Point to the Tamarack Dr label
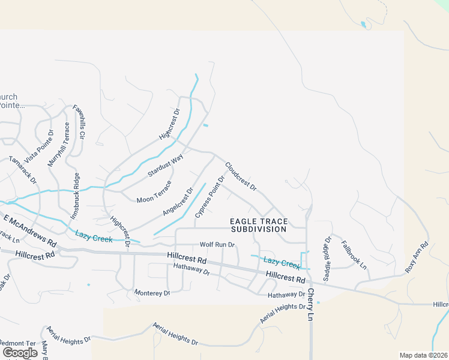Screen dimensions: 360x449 click(x=23, y=170)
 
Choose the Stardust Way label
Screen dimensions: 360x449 click(x=166, y=166)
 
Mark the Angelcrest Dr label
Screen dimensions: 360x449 click(x=178, y=202)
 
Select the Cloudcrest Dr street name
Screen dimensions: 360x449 click(x=241, y=176)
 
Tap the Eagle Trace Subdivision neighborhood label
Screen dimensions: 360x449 click(x=259, y=225)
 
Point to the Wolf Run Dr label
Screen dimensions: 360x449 click(x=217, y=245)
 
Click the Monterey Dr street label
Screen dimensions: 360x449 click(x=152, y=293)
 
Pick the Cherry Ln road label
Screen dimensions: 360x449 click(x=310, y=304)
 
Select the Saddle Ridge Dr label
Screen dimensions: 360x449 click(x=328, y=259)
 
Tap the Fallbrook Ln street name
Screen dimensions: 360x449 click(x=354, y=254)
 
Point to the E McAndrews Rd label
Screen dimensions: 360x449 click(x=30, y=232)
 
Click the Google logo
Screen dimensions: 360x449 click(x=20, y=353)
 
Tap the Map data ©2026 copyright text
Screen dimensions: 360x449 click(x=423, y=355)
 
